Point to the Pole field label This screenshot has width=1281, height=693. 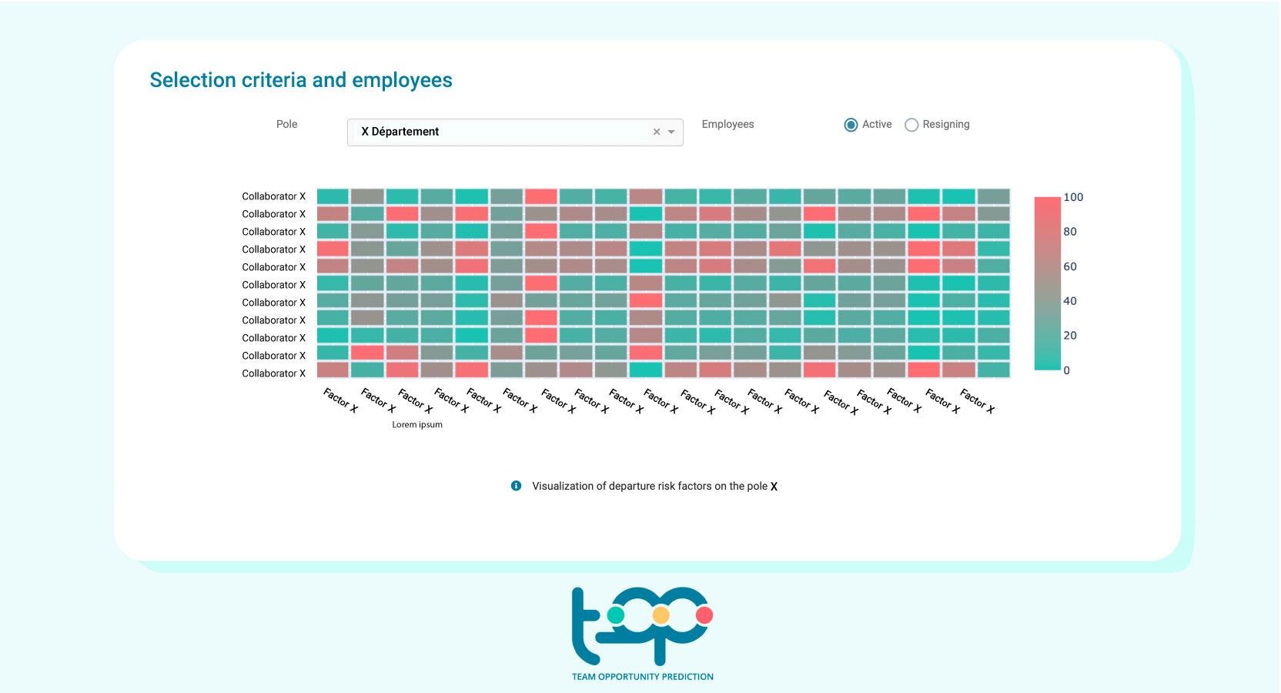point(286,124)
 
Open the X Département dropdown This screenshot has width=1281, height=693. point(500,132)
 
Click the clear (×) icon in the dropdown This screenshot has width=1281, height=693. point(657,132)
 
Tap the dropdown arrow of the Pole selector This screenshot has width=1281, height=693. point(671,132)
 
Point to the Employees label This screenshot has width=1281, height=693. point(727,124)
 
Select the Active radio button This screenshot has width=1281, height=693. point(851,125)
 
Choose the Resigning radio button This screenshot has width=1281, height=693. point(911,125)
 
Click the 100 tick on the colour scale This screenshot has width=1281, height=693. point(1073,197)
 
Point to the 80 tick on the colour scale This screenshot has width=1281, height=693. point(1070,232)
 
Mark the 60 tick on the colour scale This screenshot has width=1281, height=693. point(1070,266)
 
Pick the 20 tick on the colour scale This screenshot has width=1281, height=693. point(1070,336)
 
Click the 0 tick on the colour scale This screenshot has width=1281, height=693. point(1066,370)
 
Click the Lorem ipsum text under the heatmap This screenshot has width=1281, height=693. point(417,424)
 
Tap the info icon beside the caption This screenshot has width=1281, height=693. point(516,486)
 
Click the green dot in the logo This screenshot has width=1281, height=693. point(616,615)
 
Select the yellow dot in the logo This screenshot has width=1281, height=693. point(661,615)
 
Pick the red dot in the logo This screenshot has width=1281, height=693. point(704,615)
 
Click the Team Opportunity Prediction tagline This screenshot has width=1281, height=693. point(642,677)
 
